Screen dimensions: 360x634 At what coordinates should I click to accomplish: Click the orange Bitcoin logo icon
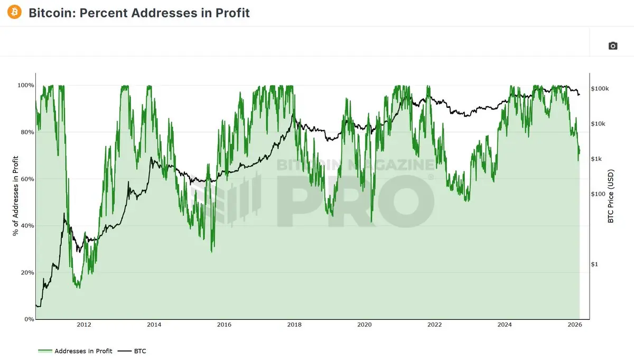15,12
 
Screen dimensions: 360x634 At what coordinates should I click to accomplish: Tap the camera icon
613,46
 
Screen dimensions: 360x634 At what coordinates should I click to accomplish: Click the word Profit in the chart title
232,12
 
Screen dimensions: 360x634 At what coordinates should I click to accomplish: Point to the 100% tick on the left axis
26,85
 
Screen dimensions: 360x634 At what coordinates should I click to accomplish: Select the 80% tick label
27,132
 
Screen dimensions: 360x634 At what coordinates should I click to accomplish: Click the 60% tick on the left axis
27,179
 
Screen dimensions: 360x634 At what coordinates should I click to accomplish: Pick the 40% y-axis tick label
27,226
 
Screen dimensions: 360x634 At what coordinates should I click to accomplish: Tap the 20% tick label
27,273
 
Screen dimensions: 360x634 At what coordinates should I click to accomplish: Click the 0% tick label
29,319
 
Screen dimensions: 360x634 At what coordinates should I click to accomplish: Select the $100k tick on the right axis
600,89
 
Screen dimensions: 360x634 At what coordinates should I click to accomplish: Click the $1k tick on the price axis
598,159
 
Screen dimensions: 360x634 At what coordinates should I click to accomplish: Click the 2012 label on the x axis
84,325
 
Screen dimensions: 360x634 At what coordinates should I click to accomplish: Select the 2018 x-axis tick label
294,325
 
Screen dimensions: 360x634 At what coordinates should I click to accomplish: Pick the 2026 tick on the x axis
575,325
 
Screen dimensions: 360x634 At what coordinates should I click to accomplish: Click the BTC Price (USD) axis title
611,196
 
